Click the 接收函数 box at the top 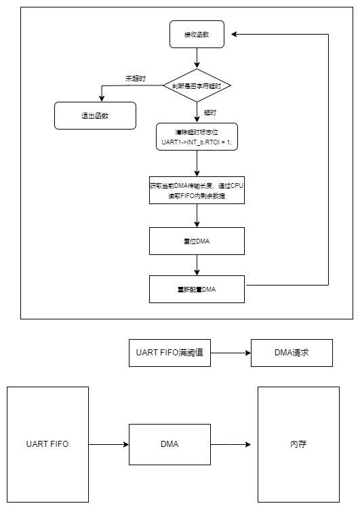point(197,34)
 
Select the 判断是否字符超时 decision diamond point(197,85)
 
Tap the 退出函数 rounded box point(95,115)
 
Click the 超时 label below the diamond point(210,111)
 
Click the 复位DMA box point(197,241)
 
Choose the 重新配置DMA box point(197,289)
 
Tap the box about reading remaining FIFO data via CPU point(197,191)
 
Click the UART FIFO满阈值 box point(169,353)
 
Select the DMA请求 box point(292,353)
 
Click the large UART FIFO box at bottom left point(47,445)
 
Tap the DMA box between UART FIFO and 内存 point(169,445)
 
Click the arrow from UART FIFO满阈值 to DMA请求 point(231,353)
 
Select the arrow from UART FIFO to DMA point(108,445)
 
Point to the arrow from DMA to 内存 point(231,445)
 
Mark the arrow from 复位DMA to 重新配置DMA point(197,264)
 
